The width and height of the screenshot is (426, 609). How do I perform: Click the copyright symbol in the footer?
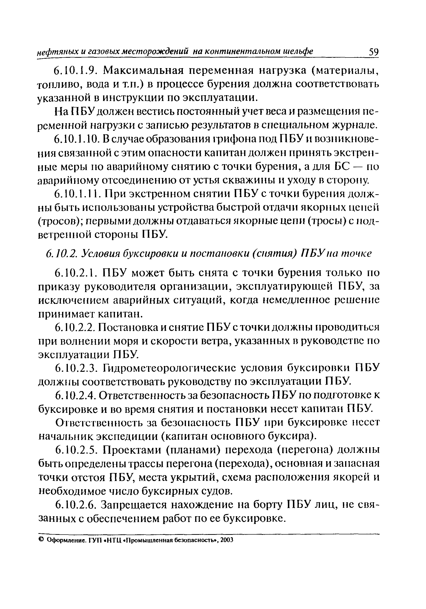point(41,540)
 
